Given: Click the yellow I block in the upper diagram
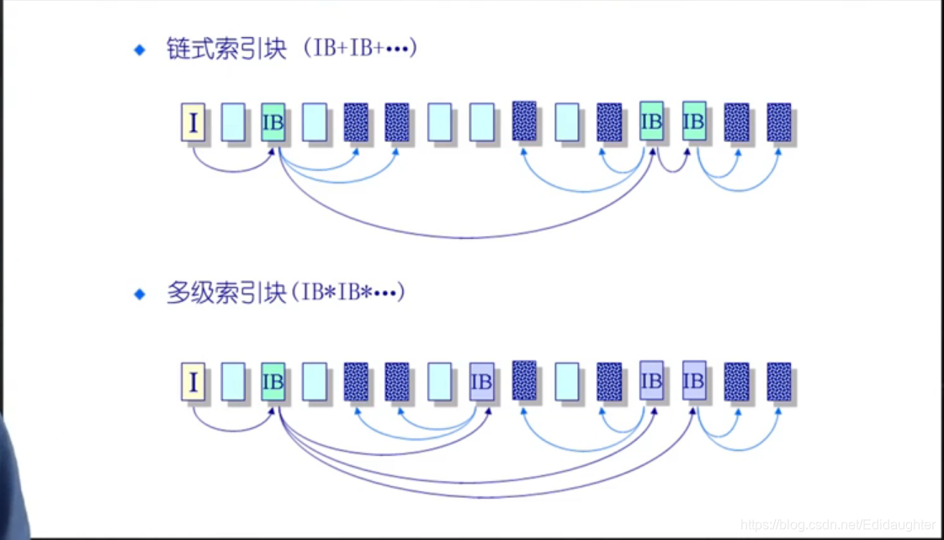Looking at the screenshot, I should [x=194, y=122].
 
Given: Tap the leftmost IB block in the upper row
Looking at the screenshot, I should [x=273, y=122].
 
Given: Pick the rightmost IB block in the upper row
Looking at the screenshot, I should [x=694, y=121].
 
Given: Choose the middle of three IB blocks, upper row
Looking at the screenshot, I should [x=651, y=121].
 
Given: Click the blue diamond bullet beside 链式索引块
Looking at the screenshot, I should [x=140, y=50].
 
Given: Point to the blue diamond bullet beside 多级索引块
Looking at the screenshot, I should [x=140, y=294].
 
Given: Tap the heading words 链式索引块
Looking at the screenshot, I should [x=227, y=50].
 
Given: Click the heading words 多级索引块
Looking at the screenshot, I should [x=227, y=294].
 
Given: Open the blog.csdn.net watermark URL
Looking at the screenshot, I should [x=837, y=524].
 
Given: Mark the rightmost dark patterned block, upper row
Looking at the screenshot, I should [x=779, y=122].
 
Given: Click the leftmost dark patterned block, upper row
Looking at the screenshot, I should [x=356, y=122].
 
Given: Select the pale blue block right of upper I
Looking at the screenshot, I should [x=234, y=122].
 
